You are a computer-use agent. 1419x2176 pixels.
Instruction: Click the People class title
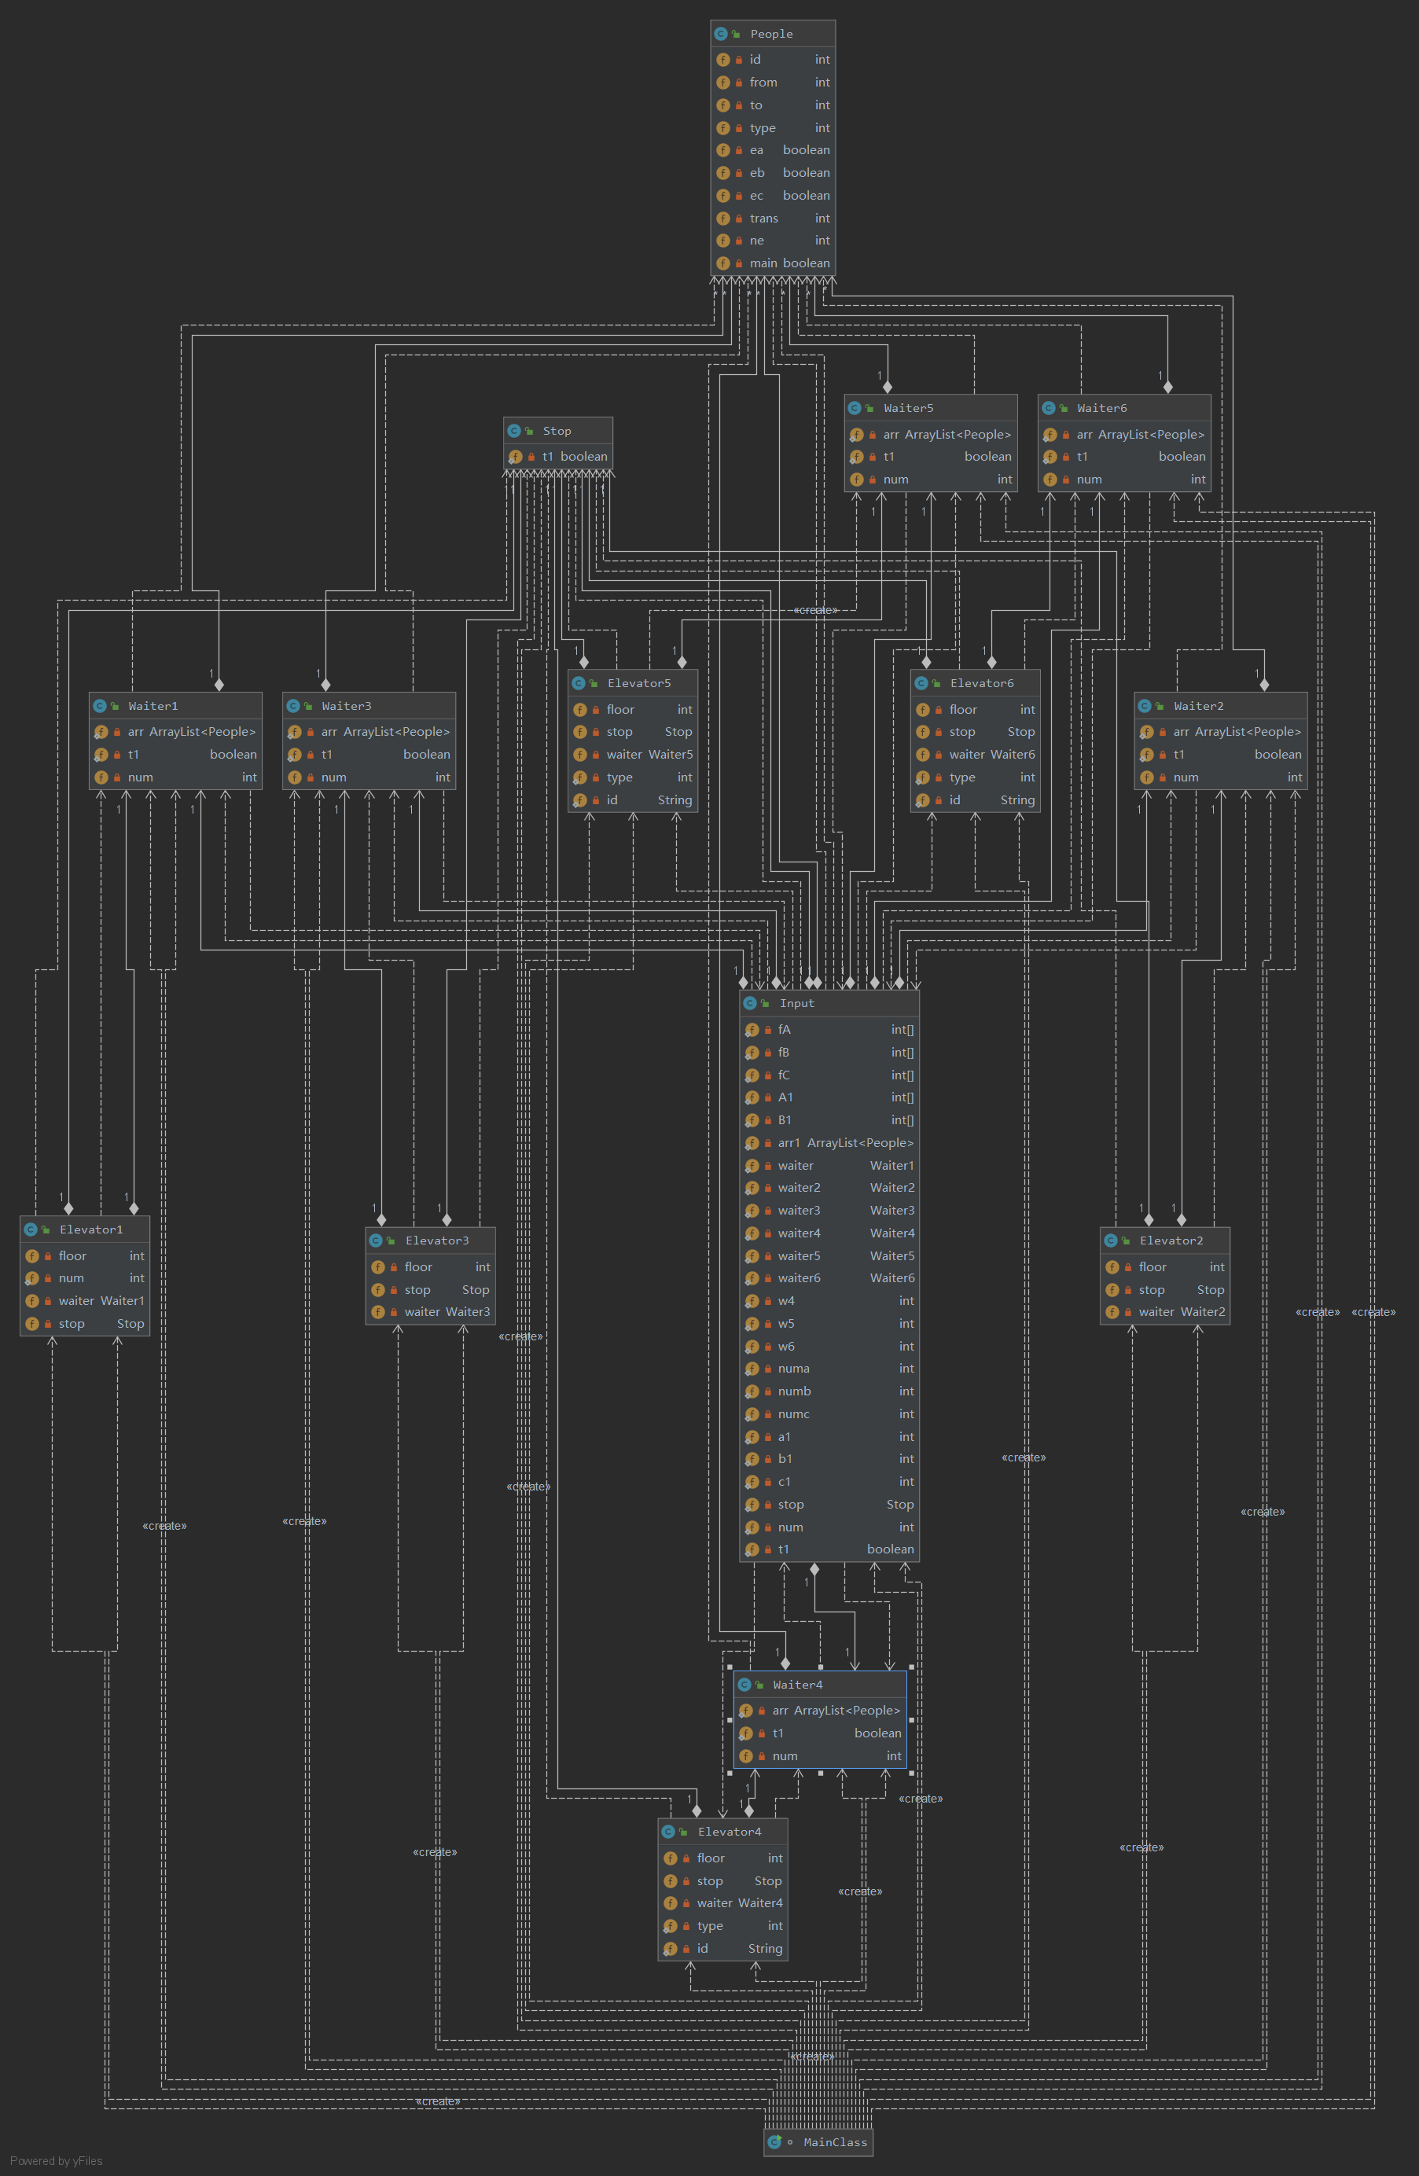tap(772, 34)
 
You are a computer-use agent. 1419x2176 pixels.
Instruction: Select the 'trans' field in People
tap(764, 219)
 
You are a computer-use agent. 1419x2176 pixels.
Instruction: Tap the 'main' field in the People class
tap(763, 263)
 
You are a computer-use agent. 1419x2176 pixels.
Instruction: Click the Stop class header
tap(557, 431)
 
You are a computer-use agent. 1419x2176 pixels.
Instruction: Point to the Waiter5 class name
tap(908, 408)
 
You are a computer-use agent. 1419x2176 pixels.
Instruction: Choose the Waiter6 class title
tap(1101, 408)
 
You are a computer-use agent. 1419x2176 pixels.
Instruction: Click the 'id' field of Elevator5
tap(612, 800)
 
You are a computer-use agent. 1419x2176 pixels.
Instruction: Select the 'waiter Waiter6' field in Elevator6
tap(991, 754)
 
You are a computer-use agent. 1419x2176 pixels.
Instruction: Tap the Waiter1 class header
tap(153, 706)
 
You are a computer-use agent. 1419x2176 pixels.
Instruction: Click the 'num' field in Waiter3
tap(334, 777)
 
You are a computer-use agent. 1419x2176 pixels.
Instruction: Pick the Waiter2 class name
tap(1198, 706)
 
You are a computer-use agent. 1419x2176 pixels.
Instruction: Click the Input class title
tap(796, 1003)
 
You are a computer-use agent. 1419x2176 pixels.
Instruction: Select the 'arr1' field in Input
tap(789, 1143)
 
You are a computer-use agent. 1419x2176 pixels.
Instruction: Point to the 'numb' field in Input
tap(795, 1391)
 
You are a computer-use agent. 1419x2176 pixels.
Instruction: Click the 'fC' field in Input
tap(785, 1075)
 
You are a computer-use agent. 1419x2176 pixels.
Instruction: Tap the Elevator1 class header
tap(90, 1230)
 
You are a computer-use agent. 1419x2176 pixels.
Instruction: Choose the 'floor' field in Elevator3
tap(419, 1267)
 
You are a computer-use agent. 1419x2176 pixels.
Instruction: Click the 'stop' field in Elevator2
tap(1152, 1290)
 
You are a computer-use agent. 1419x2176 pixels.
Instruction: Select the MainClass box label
tap(835, 2142)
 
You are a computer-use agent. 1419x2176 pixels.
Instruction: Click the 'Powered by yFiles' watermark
tap(57, 2161)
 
